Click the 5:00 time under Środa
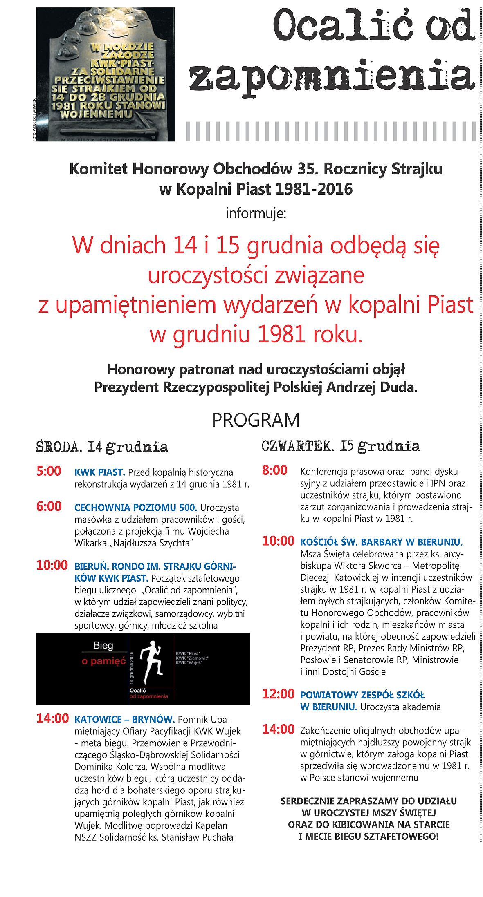point(49,471)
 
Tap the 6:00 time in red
point(49,507)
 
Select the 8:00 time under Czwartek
point(274,470)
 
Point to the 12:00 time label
point(278,694)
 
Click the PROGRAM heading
point(256,420)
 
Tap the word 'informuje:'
point(256,213)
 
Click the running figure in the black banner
point(151,662)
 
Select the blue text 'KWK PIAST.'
point(100,472)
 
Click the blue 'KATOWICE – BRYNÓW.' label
point(125,719)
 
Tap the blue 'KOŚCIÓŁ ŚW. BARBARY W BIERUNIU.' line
point(381,542)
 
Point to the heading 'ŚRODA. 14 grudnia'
point(102,447)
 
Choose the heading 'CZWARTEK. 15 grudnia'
point(341,446)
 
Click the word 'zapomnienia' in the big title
point(331,78)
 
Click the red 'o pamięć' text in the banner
point(103,661)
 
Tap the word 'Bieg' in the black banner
point(103,646)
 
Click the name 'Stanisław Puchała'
point(198,837)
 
